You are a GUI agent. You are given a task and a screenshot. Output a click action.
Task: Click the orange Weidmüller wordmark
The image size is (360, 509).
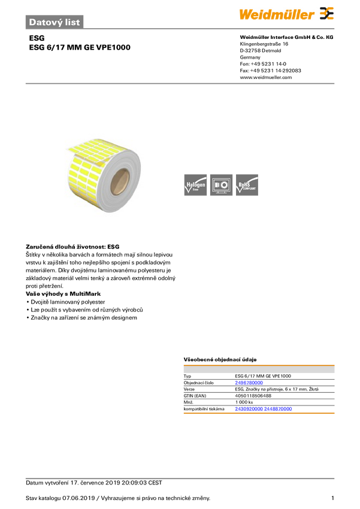pos(277,14)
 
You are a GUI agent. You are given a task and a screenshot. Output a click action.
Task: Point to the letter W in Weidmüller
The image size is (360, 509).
pos(244,14)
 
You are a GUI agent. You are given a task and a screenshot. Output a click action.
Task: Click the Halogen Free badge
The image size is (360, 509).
pos(195,185)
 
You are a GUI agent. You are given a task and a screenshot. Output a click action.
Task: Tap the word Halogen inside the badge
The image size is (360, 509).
pos(196,184)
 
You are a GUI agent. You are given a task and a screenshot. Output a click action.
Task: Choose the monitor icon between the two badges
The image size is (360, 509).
pos(221,185)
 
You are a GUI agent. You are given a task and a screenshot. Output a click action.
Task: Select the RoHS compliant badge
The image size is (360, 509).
pos(247,185)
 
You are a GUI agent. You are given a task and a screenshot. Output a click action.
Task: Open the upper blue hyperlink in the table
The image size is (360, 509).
pos(248,382)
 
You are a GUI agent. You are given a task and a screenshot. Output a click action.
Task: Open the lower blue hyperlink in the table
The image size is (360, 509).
pos(263,409)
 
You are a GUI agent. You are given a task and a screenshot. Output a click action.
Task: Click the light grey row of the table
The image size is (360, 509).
pos(259,371)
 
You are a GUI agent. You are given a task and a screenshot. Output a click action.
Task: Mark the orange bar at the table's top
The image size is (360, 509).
pos(259,364)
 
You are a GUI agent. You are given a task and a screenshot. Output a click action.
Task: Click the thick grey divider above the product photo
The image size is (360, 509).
pos(180,83)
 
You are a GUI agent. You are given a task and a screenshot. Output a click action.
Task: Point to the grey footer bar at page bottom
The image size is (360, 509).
pos(180,478)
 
